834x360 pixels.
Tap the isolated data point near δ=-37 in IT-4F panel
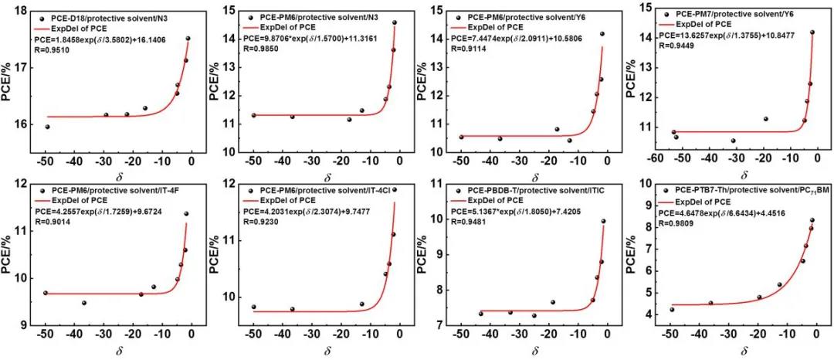(83, 303)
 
